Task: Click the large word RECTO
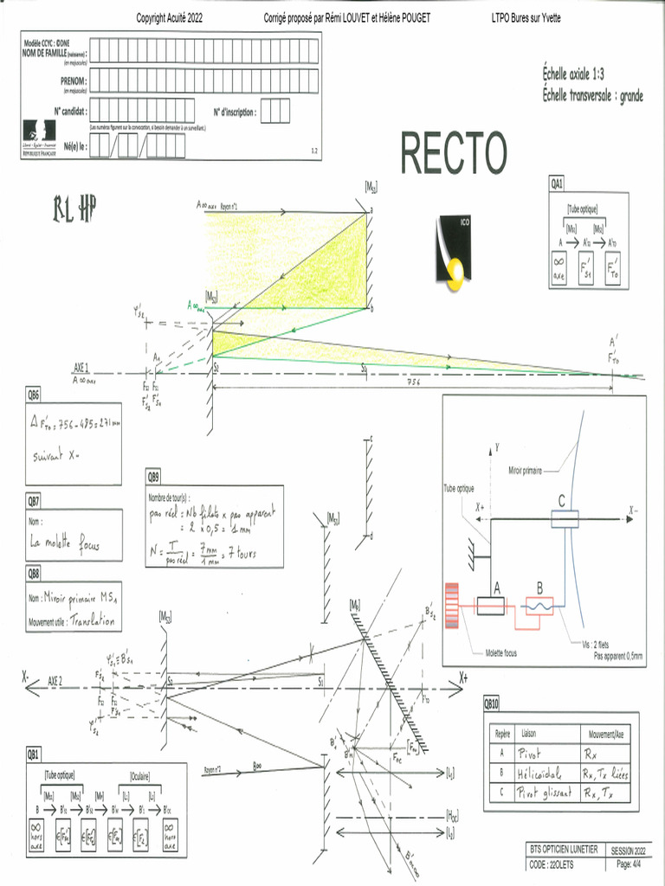pyautogui.click(x=453, y=153)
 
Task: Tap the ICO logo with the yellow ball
pyautogui.click(x=452, y=251)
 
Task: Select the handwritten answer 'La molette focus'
pyautogui.click(x=65, y=543)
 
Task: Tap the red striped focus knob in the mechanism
pyautogui.click(x=451, y=613)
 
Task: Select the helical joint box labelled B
pyautogui.click(x=539, y=607)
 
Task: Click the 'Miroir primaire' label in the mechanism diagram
pyautogui.click(x=527, y=471)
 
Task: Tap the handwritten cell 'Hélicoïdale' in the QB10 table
pyautogui.click(x=541, y=773)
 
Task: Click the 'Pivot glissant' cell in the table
pyautogui.click(x=543, y=793)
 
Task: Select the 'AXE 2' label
pyautogui.click(x=61, y=681)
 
